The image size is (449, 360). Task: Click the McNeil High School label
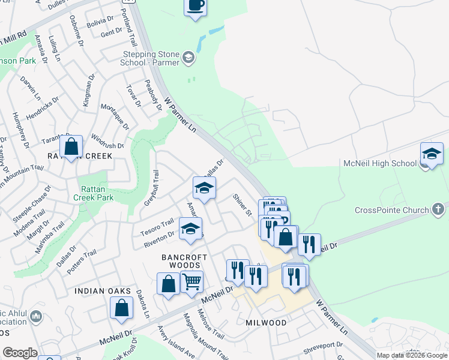tap(379, 163)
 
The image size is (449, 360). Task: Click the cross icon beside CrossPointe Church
tap(439, 209)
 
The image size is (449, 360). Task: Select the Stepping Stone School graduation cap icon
tap(188, 58)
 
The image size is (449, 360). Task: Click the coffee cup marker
tap(196, 7)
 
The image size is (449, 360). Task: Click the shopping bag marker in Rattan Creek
tap(71, 146)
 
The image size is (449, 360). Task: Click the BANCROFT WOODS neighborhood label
tap(184, 262)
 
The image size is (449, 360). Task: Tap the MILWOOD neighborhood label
tap(266, 322)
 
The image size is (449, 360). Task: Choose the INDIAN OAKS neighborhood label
tap(103, 291)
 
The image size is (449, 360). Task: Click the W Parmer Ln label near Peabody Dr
tap(180, 116)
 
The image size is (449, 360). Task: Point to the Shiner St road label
tap(242, 205)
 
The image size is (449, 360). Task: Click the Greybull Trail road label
tap(151, 188)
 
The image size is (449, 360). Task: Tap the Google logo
tap(20, 353)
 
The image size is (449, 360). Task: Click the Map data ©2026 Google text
tap(411, 355)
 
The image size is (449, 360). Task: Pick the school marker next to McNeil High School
tap(432, 154)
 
